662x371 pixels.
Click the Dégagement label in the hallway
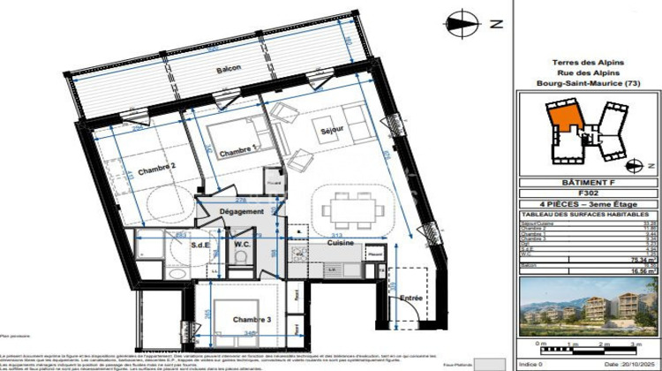[243, 212]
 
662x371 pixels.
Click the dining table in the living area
[351, 210]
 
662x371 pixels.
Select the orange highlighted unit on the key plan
[561, 115]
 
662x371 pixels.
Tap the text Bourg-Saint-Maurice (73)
[587, 83]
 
